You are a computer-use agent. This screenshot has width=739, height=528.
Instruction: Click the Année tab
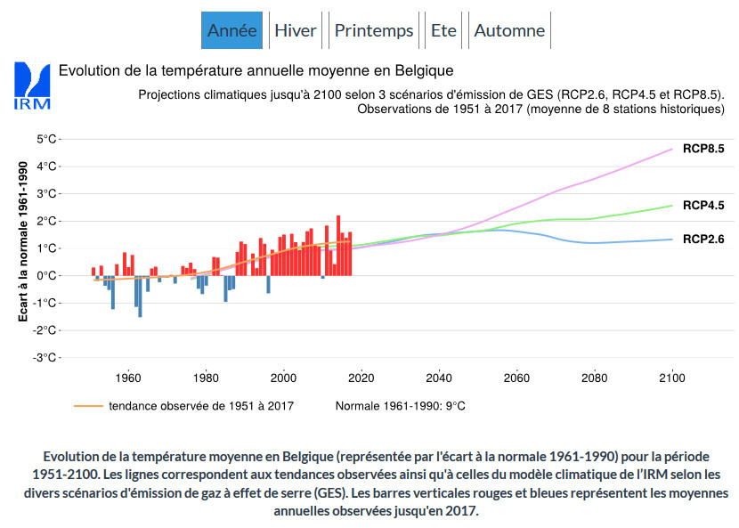coord(231,30)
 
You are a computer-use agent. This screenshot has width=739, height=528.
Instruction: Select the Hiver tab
coord(296,30)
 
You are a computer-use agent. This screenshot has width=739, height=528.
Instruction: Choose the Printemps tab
coord(374,30)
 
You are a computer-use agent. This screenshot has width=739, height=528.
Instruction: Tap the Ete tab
coord(443,30)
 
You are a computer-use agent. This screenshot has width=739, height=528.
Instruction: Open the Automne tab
coord(509,30)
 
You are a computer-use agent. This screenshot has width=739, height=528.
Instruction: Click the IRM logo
coord(33,85)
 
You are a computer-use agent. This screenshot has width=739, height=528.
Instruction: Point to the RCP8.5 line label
coord(703,149)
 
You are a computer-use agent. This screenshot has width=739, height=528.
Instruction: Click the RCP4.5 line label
coord(703,205)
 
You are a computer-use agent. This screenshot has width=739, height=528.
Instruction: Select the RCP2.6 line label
coord(703,239)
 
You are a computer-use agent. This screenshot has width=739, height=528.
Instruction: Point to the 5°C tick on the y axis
coord(46,139)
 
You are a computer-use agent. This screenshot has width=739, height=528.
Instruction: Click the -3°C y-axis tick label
coord(45,358)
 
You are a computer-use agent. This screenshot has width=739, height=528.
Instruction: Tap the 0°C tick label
coord(46,276)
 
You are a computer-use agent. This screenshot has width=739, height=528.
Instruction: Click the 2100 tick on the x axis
coord(671,377)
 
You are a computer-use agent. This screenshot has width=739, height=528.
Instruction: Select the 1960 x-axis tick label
coord(129,377)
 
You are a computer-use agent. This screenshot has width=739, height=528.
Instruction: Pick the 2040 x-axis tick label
coord(439,377)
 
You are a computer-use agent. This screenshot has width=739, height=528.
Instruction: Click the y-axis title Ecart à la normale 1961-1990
coord(24,241)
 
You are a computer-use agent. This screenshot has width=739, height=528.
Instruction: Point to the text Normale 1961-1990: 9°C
coord(400,406)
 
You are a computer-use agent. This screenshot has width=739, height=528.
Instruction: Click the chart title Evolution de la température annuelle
coord(256,70)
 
